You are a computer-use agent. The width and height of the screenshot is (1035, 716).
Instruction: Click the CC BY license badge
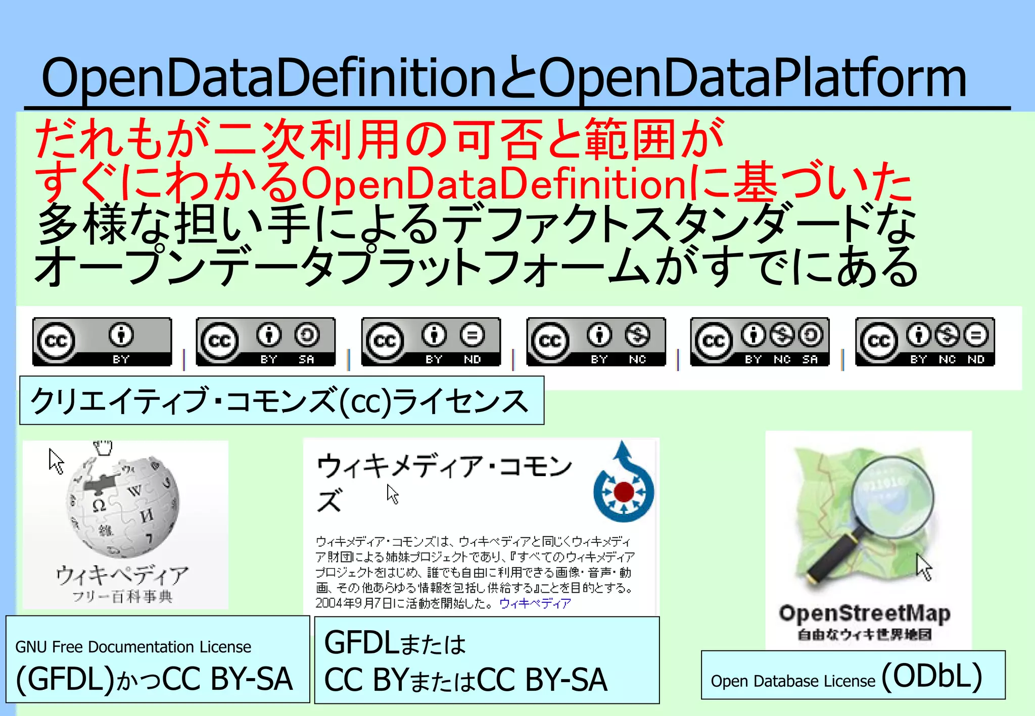(x=102, y=341)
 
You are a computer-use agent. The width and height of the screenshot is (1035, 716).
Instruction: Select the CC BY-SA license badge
(x=266, y=341)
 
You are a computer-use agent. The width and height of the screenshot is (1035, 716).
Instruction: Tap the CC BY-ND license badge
(x=431, y=341)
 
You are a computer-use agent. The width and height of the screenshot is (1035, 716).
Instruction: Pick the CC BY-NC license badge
(x=596, y=341)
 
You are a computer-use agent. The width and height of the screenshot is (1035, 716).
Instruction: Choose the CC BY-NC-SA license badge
(x=760, y=341)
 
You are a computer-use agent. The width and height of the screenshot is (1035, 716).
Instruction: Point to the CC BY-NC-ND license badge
(x=925, y=341)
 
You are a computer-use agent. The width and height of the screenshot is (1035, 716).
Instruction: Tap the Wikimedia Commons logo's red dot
(x=624, y=491)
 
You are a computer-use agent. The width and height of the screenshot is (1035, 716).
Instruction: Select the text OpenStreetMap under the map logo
(x=865, y=613)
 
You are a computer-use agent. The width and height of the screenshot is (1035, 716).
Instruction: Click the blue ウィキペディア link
(x=535, y=603)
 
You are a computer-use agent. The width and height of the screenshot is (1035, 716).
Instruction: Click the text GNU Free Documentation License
(x=133, y=647)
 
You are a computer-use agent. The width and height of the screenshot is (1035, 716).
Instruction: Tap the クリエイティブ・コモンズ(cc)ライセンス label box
(x=281, y=400)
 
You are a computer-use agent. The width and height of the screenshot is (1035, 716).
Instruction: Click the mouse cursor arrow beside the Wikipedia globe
(x=56, y=461)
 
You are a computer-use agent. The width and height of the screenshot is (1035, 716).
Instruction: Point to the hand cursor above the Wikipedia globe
(x=103, y=447)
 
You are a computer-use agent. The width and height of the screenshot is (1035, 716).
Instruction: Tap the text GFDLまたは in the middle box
(x=395, y=644)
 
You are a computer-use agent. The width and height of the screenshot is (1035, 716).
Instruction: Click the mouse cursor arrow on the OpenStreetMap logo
(x=924, y=567)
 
